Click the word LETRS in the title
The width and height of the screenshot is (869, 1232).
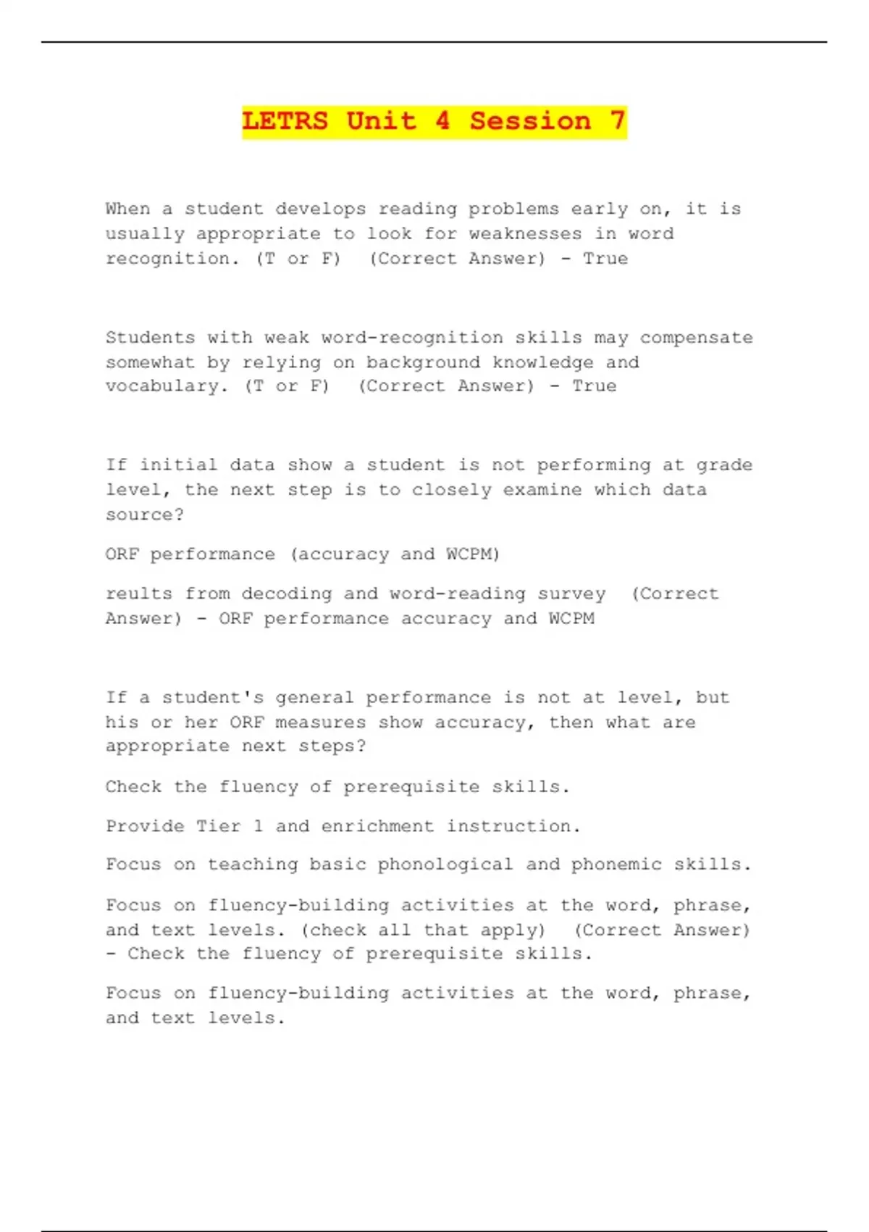[285, 121]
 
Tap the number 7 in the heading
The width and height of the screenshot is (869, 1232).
[617, 121]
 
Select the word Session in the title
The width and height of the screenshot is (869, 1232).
[530, 121]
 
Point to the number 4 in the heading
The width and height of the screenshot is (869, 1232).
[442, 121]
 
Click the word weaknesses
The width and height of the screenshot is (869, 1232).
[525, 234]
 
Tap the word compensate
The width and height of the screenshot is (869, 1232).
[696, 338]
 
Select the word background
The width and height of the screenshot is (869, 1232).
[423, 362]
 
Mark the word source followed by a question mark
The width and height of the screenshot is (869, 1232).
[144, 515]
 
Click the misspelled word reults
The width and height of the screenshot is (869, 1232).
[138, 594]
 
